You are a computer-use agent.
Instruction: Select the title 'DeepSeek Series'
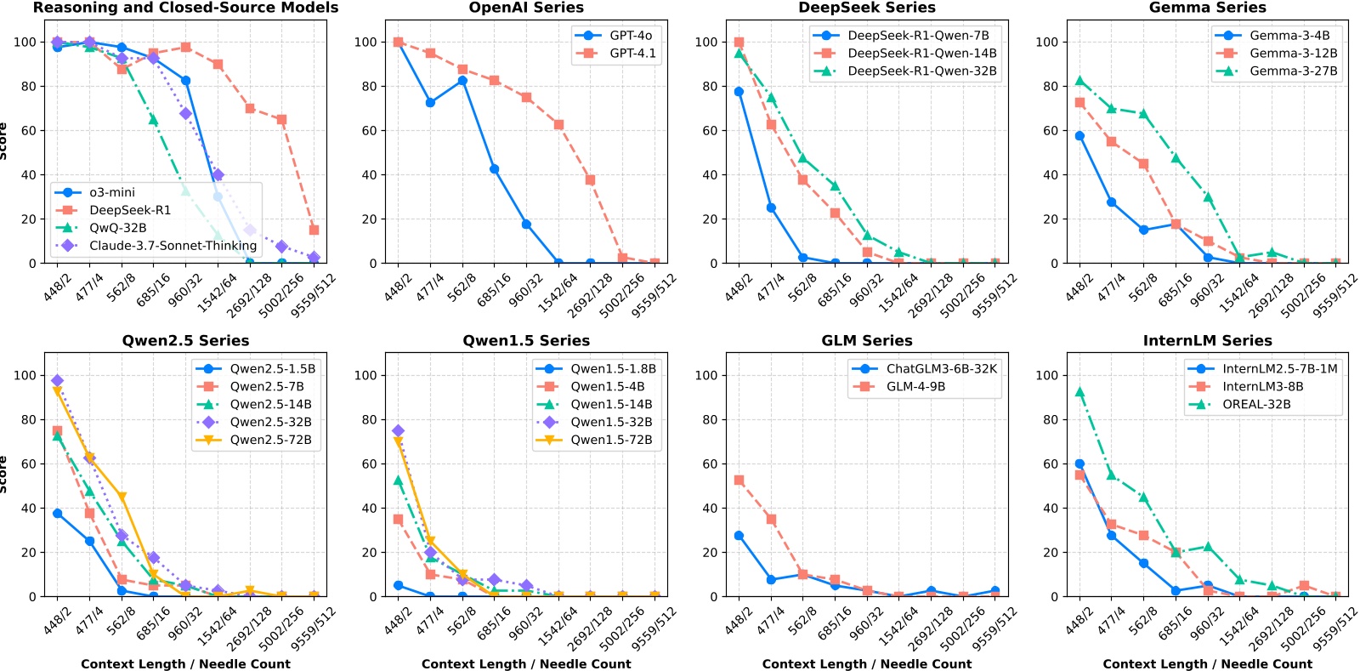866,8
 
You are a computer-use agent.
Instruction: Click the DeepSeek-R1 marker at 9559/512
314,230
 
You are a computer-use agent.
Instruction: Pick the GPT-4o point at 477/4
430,103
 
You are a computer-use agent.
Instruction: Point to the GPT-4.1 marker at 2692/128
590,179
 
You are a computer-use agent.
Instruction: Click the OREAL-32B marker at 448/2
1079,392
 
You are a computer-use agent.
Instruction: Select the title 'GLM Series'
866,341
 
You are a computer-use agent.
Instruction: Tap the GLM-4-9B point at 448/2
739,481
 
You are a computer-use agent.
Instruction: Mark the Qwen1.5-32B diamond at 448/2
398,431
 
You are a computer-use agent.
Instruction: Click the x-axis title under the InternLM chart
1207,664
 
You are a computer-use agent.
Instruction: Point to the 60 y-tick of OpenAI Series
366,130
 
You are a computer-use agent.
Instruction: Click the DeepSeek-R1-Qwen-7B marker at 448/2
739,92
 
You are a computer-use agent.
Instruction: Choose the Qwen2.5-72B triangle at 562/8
122,497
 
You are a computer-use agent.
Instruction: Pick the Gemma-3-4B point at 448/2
1079,136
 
